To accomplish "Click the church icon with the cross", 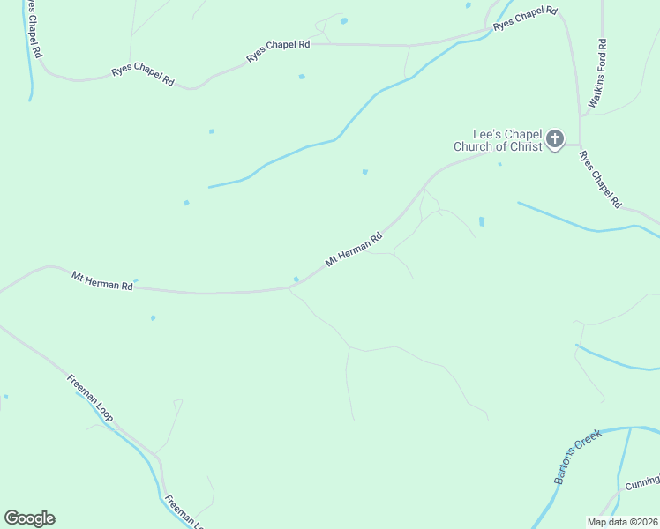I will pos(554,138).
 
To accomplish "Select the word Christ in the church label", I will pos(526,147).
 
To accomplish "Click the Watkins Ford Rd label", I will pos(596,73).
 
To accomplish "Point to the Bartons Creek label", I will pos(576,457).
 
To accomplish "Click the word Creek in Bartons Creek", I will pos(588,443).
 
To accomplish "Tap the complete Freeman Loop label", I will pos(91,398).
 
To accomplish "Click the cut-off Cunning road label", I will pos(641,483).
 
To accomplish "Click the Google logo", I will pos(29,518).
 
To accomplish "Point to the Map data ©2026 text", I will pos(621,522).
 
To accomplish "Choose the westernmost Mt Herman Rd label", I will pos(102,281).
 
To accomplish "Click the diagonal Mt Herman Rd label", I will pos(354,250).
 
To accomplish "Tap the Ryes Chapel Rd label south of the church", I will pos(600,179).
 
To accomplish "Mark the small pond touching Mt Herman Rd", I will pos(296,280).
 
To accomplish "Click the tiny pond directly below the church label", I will pos(500,164).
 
